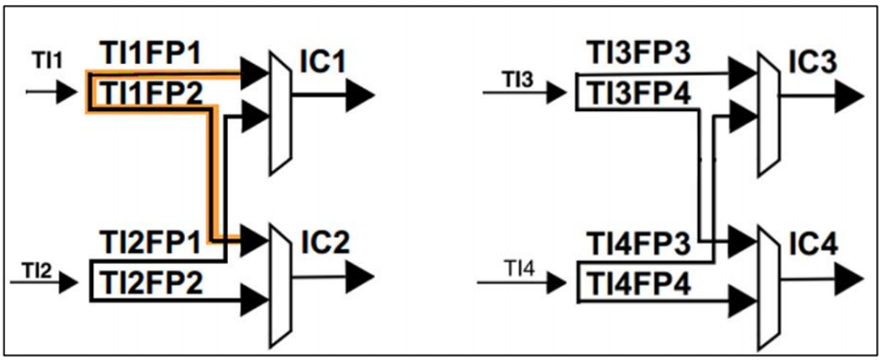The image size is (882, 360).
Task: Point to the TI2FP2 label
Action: [x=151, y=283]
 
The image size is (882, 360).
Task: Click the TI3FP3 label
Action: [x=639, y=53]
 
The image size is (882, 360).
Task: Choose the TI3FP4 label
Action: [x=639, y=94]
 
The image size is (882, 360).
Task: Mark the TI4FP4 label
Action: [x=639, y=283]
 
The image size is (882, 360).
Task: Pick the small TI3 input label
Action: [x=518, y=78]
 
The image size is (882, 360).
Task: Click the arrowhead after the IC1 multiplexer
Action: [x=361, y=93]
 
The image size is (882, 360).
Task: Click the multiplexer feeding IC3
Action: [x=768, y=113]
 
